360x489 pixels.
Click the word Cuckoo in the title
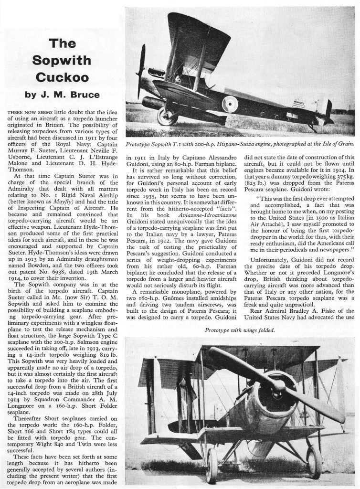coord(61,76)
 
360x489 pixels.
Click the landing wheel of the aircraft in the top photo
coord(167,116)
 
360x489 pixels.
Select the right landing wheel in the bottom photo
coord(314,462)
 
